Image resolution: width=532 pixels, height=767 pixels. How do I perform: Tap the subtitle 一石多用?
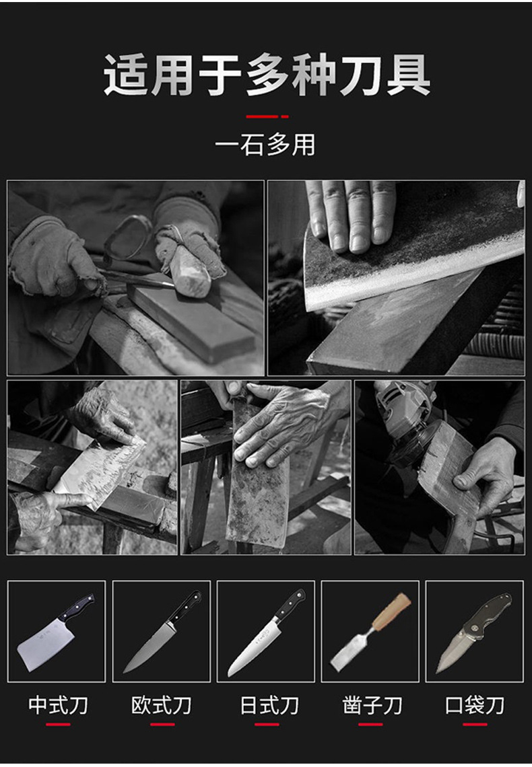pyautogui.click(x=265, y=145)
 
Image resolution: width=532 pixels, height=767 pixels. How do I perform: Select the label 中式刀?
pyautogui.click(x=58, y=705)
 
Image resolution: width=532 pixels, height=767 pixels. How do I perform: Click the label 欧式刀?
pyautogui.click(x=162, y=705)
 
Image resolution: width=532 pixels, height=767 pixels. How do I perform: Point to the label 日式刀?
pyautogui.click(x=269, y=705)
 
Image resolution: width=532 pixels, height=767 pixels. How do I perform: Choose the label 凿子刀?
pyautogui.click(x=372, y=705)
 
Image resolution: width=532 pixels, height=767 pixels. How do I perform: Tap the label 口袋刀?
pyautogui.click(x=475, y=705)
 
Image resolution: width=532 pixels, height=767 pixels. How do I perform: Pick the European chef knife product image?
pyautogui.click(x=162, y=631)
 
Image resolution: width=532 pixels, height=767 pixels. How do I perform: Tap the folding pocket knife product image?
pyautogui.click(x=474, y=631)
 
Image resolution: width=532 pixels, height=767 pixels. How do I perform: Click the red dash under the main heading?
pyautogui.click(x=267, y=116)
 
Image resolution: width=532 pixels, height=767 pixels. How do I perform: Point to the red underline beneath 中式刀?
pyautogui.click(x=58, y=725)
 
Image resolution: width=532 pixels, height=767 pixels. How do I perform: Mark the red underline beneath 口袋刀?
pyautogui.click(x=475, y=725)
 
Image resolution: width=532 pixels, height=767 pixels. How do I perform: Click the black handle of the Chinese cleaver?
pyautogui.click(x=75, y=607)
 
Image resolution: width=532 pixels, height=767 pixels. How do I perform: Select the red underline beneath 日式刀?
pyautogui.click(x=267, y=725)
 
